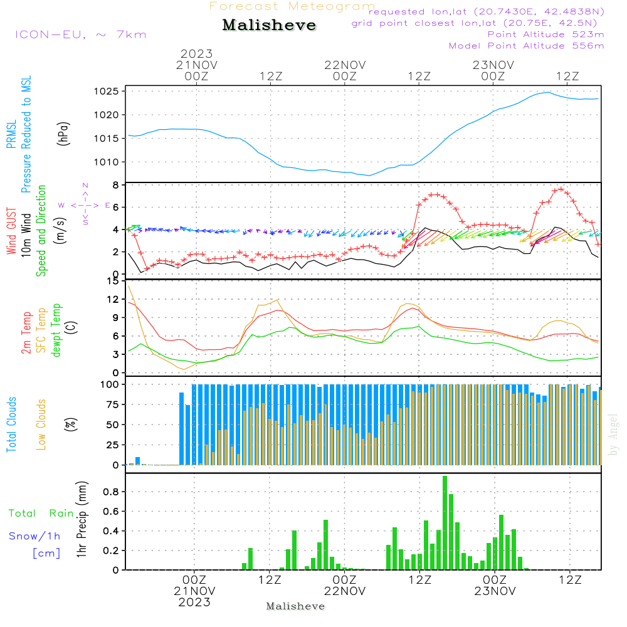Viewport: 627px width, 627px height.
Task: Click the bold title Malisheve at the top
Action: click(269, 26)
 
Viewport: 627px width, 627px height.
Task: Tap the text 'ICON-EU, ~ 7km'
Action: click(80, 34)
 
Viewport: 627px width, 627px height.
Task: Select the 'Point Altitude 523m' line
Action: click(545, 34)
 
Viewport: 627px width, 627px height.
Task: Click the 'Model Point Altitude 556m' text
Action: click(526, 46)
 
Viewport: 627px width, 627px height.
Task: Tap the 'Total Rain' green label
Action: click(41, 514)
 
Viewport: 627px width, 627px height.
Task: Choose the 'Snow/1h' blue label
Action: click(35, 536)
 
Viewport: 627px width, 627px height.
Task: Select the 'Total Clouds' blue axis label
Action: click(12, 424)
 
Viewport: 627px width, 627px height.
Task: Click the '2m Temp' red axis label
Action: click(27, 333)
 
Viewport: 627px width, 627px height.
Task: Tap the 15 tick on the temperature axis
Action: click(113, 282)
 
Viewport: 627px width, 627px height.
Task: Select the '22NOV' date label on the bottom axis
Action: click(345, 591)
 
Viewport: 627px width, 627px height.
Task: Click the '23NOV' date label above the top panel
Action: click(493, 65)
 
